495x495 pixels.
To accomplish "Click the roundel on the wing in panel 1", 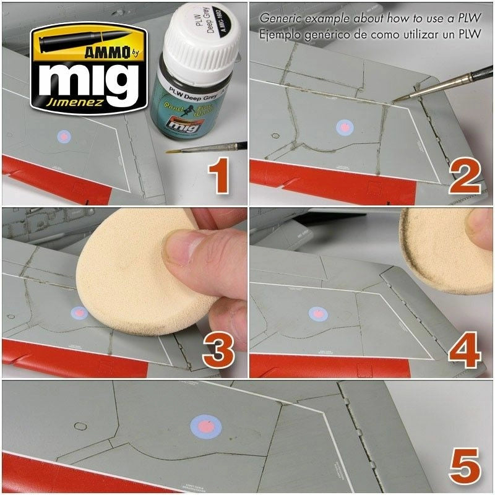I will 64,137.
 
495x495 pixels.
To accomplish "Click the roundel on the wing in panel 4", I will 318,314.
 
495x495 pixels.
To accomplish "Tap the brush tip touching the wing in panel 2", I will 396,99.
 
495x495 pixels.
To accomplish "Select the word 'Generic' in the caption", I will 278,19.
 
